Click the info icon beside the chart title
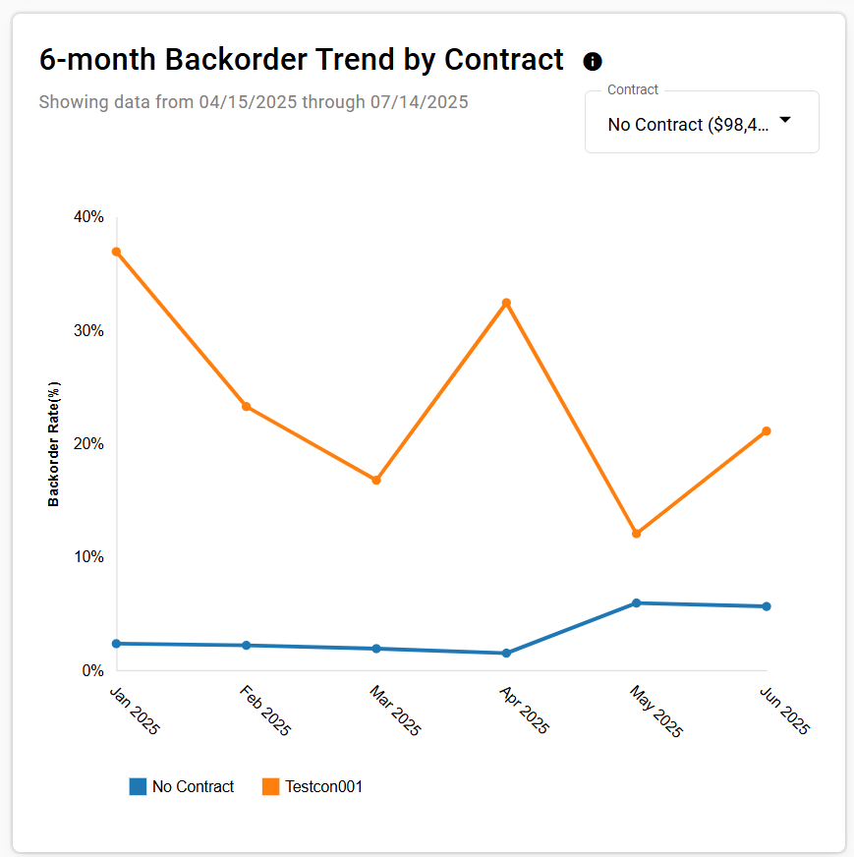tap(593, 62)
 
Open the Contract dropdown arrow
tap(784, 120)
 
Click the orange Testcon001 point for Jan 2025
tap(116, 252)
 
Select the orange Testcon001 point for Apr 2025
tap(506, 303)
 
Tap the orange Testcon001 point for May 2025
tap(636, 534)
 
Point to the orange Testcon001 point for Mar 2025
tap(376, 480)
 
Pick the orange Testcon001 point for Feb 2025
tap(246, 406)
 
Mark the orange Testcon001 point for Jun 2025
tap(767, 431)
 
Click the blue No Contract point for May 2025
tap(636, 602)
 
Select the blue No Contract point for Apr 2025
tap(506, 653)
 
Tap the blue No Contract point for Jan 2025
tap(116, 643)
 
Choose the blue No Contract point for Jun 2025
tap(767, 606)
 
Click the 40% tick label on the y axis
tap(89, 217)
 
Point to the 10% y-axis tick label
tap(89, 557)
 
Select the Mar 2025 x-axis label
tap(395, 711)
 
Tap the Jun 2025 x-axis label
tap(785, 711)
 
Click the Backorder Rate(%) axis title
tap(54, 443)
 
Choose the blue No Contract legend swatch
tap(138, 786)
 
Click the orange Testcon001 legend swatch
tap(271, 786)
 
